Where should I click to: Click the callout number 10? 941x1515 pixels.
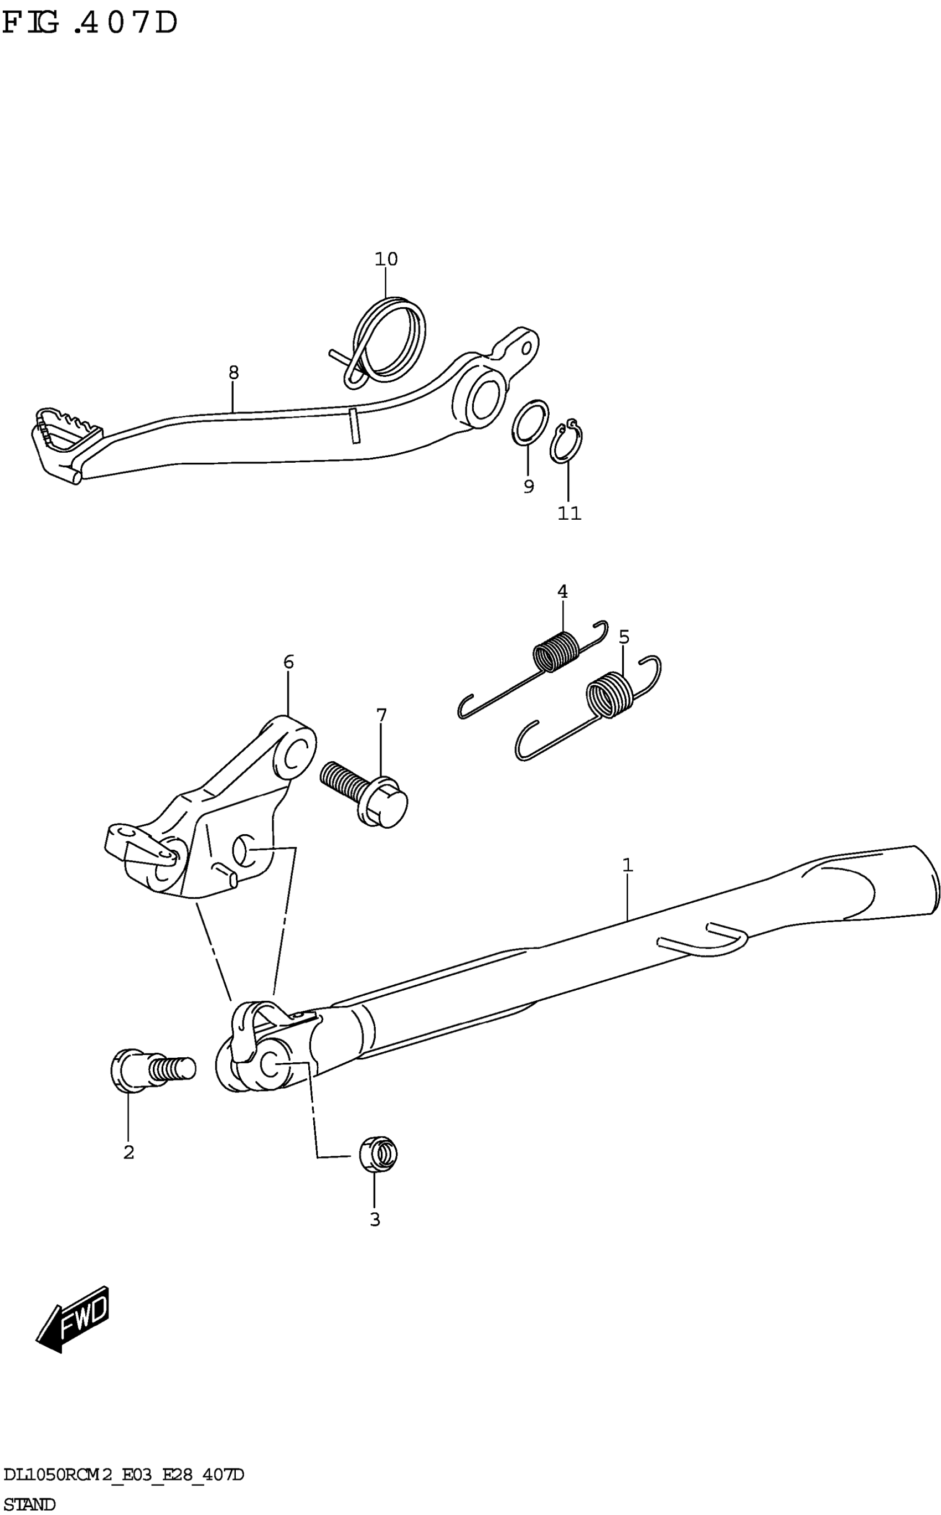386,259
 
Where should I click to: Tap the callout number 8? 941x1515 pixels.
234,373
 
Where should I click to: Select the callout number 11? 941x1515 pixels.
570,513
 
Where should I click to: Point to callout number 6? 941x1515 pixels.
288,662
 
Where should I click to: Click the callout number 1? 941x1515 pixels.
627,865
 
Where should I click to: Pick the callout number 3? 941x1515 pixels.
375,1220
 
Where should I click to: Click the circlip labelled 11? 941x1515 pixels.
566,443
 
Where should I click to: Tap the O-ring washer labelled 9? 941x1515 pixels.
530,423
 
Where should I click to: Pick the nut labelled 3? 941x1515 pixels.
379,1153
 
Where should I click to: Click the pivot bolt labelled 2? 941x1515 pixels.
149,1069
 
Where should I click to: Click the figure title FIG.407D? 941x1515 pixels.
90,24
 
